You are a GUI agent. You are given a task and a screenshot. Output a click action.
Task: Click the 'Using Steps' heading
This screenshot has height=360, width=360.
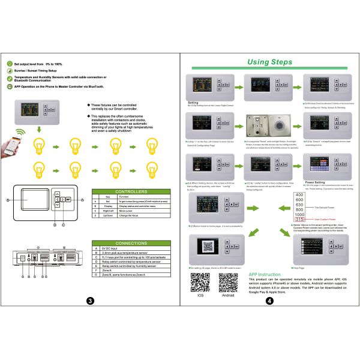(269, 62)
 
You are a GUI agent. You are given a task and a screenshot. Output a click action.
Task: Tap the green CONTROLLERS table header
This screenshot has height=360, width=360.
(131, 190)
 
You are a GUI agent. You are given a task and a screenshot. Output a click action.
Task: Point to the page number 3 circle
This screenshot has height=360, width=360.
(90, 300)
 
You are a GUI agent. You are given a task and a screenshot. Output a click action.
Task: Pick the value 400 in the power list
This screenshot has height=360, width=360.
(299, 195)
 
